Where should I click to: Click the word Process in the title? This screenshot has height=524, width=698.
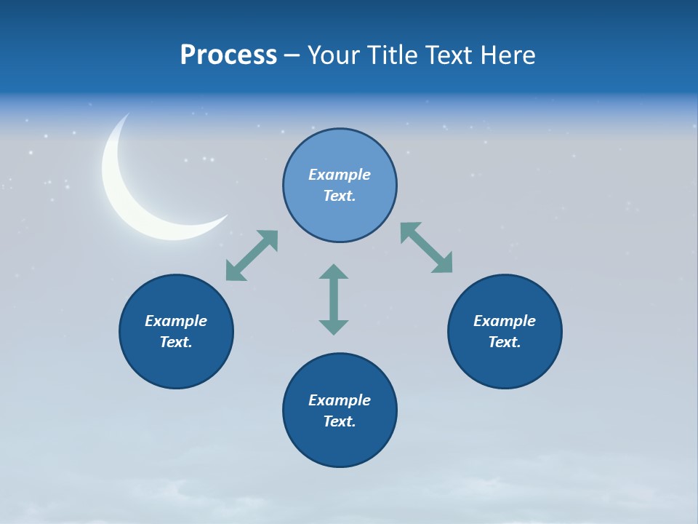tap(228, 55)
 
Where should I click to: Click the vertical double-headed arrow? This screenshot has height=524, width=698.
tap(334, 300)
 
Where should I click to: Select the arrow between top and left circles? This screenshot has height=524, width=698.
tap(252, 255)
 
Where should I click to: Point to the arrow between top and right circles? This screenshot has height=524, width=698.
tap(426, 247)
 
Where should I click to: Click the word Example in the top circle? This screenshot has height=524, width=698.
tap(340, 175)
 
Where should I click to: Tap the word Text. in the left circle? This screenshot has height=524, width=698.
tap(176, 342)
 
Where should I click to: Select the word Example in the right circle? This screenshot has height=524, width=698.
tap(505, 321)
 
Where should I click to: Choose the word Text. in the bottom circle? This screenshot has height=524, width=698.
tap(340, 421)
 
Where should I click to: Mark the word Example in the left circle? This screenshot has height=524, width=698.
tap(176, 321)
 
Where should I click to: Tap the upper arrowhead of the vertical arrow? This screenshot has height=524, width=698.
tap(334, 272)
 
